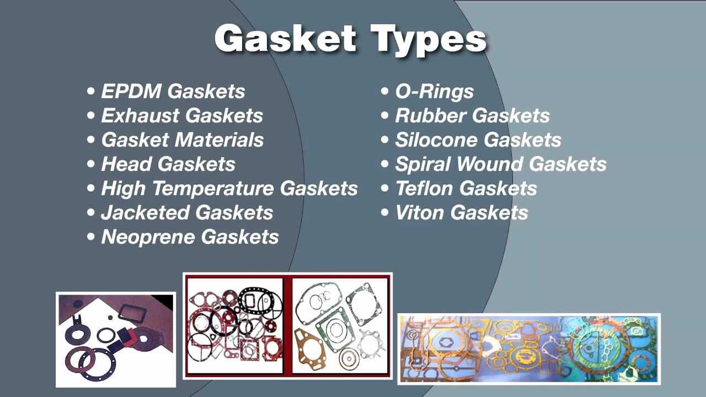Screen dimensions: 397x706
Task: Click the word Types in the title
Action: [429, 40]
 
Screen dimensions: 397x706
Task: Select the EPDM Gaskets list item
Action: [173, 92]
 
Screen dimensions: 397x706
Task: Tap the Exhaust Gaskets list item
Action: [181, 116]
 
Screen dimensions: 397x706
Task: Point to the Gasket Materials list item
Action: [182, 140]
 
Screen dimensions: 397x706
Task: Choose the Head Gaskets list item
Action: [168, 164]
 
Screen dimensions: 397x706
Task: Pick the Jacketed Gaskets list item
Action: [186, 213]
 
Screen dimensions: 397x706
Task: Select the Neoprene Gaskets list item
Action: [189, 237]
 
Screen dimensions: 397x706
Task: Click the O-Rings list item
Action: [434, 92]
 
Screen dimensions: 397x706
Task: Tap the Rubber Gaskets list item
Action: [472, 116]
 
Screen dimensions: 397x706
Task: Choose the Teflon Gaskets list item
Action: [466, 189]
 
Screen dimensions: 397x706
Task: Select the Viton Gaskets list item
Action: [461, 213]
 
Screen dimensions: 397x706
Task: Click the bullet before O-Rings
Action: [385, 92]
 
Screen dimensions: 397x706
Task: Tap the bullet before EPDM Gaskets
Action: [91, 92]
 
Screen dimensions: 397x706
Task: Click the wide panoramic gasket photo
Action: [528, 348]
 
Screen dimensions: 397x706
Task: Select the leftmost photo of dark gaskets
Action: [115, 339]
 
